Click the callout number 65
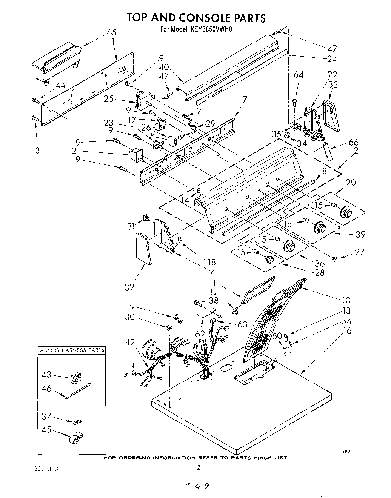click(112, 32)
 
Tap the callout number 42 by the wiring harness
click(129, 343)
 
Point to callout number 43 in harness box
click(46, 374)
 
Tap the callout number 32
click(129, 287)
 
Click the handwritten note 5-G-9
click(196, 486)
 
